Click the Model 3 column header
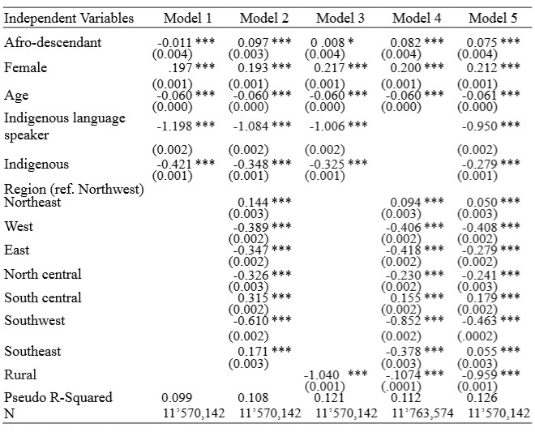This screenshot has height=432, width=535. tap(341, 18)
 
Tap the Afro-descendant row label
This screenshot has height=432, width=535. tap(53, 42)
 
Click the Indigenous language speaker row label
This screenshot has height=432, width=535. tap(65, 126)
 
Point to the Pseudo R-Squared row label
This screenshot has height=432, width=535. tap(58, 397)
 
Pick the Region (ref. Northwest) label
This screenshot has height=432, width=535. tap(74, 190)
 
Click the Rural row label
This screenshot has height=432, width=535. tap(21, 375)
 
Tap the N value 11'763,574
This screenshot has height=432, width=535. tap(419, 413)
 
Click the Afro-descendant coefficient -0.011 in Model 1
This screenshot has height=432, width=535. tap(178, 42)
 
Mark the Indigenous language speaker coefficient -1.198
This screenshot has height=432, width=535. tap(178, 126)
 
